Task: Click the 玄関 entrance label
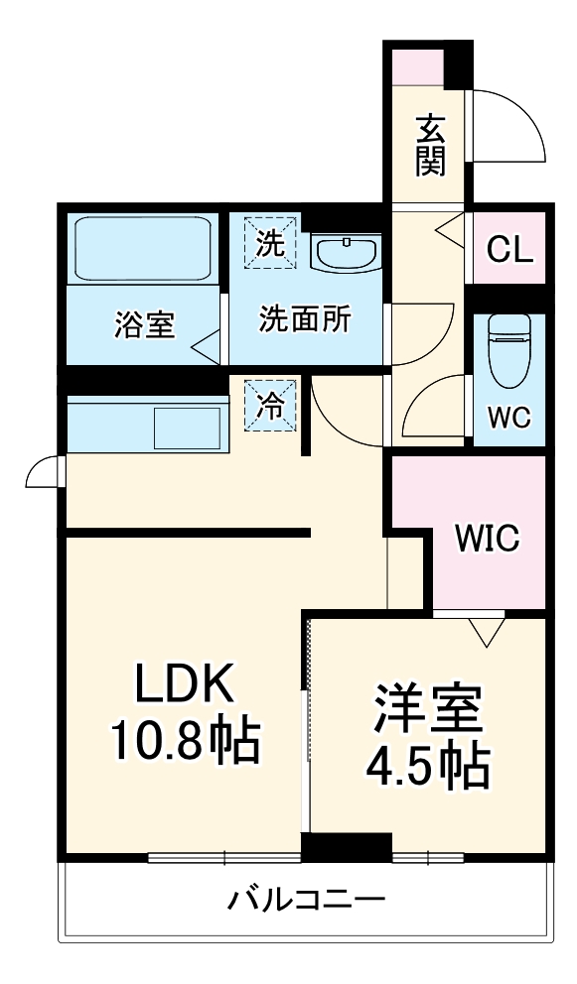click(x=429, y=145)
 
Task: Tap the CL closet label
click(x=509, y=249)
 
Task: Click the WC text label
click(x=509, y=417)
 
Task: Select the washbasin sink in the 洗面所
click(x=345, y=252)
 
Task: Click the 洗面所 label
click(x=305, y=319)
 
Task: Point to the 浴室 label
click(x=146, y=324)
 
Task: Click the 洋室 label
click(x=428, y=706)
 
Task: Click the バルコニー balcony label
click(x=306, y=901)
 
